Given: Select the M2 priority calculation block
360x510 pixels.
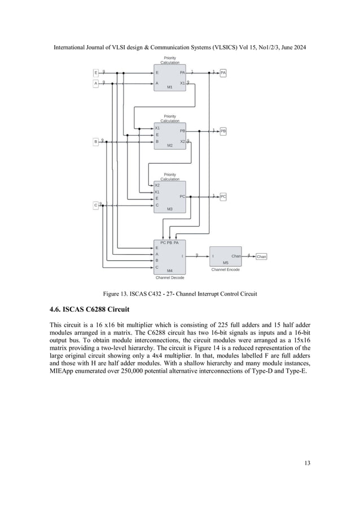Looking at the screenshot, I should (x=170, y=136).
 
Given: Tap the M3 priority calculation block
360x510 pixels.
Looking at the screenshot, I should (x=170, y=197).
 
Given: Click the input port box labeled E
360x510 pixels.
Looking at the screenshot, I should (x=96, y=73).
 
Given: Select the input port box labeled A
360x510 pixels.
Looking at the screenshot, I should (x=96, y=84).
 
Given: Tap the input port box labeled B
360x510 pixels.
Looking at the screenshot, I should (x=96, y=141).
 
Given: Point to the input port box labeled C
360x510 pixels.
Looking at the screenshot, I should (x=96, y=206).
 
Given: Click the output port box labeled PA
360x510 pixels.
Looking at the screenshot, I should (x=223, y=73).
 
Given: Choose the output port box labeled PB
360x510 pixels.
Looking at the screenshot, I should (x=223, y=131).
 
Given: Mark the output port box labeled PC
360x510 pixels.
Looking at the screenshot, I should (x=223, y=197).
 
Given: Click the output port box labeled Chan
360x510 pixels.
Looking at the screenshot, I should (x=261, y=256).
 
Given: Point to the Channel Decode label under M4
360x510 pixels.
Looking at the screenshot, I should (x=170, y=277).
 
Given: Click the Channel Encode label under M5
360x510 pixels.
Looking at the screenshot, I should (x=225, y=270).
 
